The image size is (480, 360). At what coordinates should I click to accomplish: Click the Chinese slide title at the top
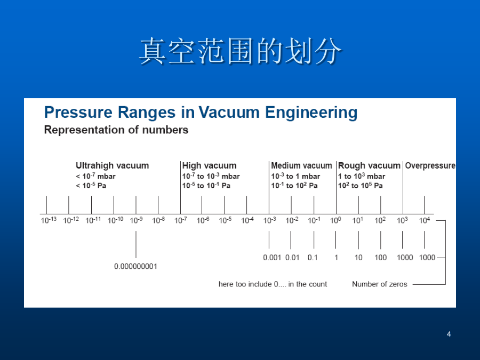241,51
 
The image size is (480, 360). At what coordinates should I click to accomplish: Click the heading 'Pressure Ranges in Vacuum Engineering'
201,113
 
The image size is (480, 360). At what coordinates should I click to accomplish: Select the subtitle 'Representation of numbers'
116,130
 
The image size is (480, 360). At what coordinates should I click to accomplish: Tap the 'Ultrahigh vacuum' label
113,166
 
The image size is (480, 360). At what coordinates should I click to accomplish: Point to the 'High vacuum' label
210,166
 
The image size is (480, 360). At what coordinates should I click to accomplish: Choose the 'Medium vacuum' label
301,166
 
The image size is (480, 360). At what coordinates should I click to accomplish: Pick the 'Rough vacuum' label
369,166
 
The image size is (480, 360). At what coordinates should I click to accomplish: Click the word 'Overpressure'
430,166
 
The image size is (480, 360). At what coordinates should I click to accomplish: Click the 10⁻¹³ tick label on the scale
49,220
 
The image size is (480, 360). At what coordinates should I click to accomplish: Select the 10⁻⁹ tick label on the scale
136,220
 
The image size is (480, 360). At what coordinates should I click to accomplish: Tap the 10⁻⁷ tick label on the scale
181,220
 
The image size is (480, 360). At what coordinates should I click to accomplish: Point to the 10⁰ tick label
335,220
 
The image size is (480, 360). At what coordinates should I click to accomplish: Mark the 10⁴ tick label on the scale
425,220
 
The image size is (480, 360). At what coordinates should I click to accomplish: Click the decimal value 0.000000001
135,266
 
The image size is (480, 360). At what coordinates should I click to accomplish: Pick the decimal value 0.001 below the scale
272,258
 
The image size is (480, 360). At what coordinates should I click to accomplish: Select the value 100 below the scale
380,258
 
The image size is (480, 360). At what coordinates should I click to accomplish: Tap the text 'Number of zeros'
380,284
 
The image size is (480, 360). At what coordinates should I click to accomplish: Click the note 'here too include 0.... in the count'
273,284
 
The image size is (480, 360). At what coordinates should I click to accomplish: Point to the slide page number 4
449,334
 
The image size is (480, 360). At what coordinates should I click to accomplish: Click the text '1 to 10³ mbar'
362,177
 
